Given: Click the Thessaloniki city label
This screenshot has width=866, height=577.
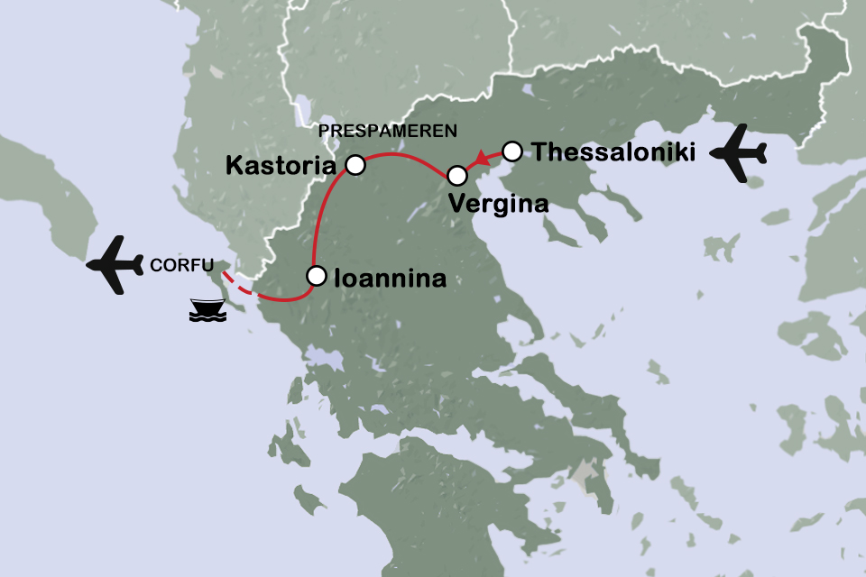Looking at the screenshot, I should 613,152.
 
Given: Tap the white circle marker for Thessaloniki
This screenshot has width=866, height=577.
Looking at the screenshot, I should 511,150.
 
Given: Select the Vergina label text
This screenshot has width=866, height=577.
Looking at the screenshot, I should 498,205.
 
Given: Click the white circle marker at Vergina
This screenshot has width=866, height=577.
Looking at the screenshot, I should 457,175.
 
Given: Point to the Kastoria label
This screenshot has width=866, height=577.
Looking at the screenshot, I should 281,166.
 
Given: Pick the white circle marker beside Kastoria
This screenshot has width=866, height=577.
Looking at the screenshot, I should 355,165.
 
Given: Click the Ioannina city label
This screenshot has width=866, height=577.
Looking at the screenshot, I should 390,279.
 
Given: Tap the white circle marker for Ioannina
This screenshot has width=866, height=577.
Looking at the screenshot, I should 316,276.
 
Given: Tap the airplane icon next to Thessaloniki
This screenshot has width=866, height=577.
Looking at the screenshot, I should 739,154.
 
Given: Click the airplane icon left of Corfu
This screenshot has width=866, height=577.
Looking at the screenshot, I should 115,265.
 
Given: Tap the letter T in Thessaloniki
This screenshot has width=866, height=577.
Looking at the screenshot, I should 539,152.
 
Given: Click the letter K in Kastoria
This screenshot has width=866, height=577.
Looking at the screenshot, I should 234,166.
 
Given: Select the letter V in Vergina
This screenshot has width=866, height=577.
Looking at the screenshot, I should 456,205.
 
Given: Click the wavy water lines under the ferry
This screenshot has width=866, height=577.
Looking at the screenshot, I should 207,318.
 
